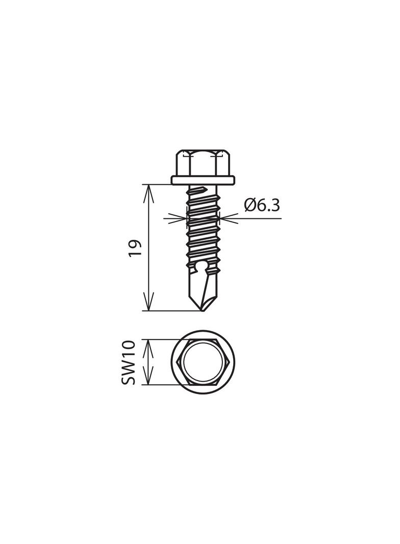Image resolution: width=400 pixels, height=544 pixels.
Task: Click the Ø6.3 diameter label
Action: [262, 205]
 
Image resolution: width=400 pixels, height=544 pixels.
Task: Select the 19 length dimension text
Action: [135, 248]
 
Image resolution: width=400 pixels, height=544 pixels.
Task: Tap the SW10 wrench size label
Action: [129, 362]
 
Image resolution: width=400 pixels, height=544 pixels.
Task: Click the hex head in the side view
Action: [203, 163]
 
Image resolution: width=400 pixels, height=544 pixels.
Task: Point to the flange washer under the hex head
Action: [203, 180]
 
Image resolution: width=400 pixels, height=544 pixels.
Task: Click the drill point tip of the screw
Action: [203, 308]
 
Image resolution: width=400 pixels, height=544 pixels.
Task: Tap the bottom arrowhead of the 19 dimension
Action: [148, 306]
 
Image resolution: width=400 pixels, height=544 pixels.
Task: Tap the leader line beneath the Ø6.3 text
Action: [260, 218]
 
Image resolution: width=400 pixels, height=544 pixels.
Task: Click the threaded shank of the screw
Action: [203, 230]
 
